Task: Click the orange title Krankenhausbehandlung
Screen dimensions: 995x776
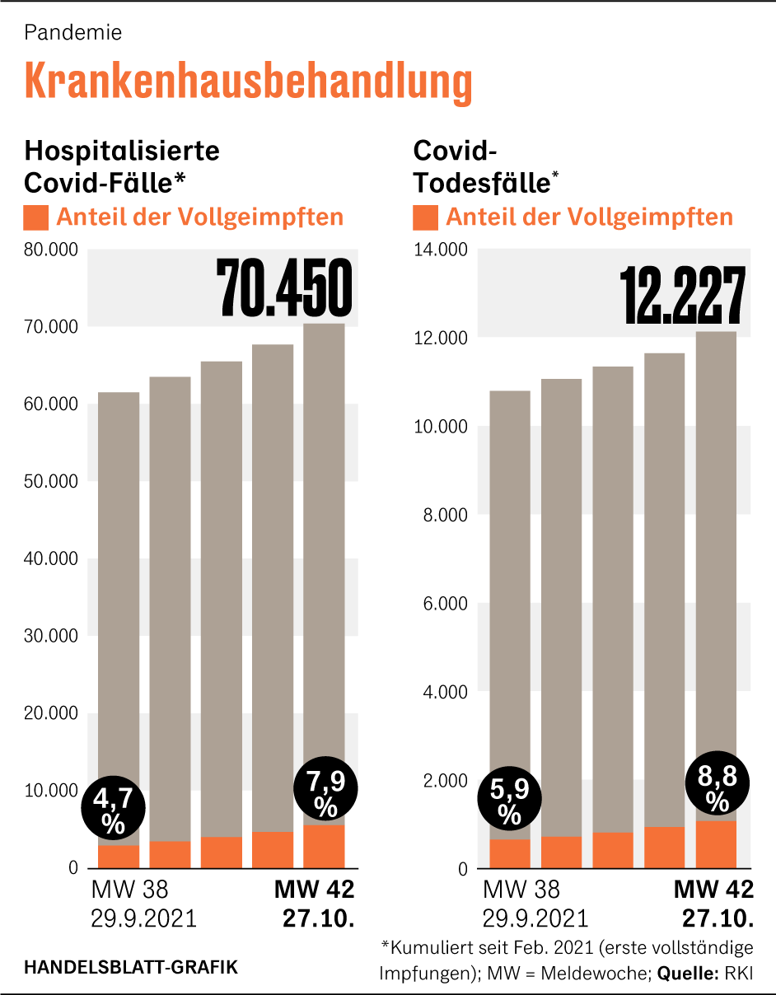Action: point(248,82)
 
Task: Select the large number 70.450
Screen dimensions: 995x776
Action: point(283,288)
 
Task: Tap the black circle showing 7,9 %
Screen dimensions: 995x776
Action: point(325,792)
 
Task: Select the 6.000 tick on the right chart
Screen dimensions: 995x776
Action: point(446,604)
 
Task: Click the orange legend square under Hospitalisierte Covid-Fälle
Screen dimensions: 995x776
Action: point(36,218)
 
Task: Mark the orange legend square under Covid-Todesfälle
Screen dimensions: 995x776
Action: point(425,218)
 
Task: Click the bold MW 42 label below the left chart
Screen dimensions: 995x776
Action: point(314,890)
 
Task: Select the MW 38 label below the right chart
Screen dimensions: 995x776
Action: point(521,890)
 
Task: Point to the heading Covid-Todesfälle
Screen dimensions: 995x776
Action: point(481,166)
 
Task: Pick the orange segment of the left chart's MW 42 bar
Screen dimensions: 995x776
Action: point(324,846)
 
